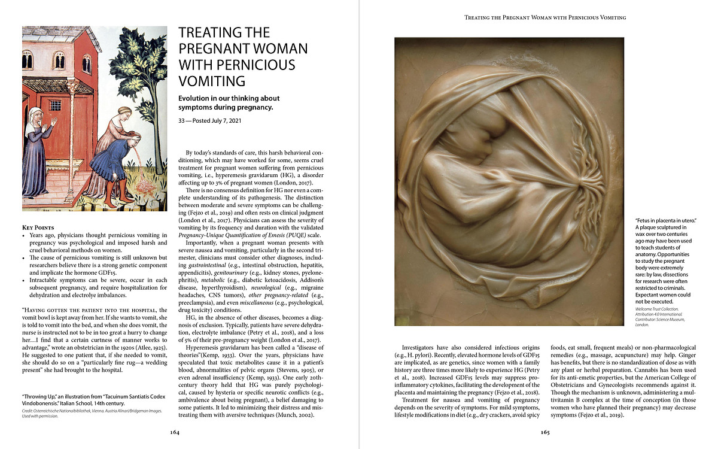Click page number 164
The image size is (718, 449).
(175, 432)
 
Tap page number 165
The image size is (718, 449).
(545, 432)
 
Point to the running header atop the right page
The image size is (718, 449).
(545, 17)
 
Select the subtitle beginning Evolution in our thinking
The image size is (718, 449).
(229, 102)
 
